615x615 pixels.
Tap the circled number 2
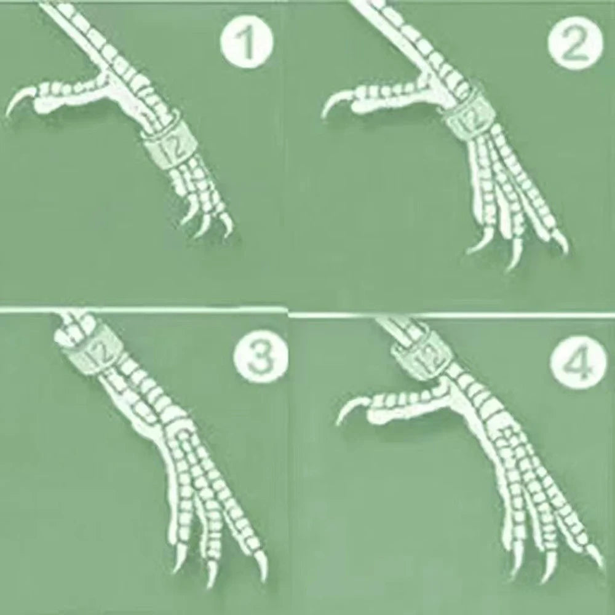pyautogui.click(x=574, y=43)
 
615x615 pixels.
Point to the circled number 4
pyautogui.click(x=576, y=362)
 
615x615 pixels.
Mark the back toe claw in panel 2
pyautogui.click(x=336, y=102)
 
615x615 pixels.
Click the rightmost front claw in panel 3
pyautogui.click(x=261, y=565)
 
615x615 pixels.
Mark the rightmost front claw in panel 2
pyautogui.click(x=561, y=242)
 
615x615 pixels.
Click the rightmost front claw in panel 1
pyautogui.click(x=228, y=226)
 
